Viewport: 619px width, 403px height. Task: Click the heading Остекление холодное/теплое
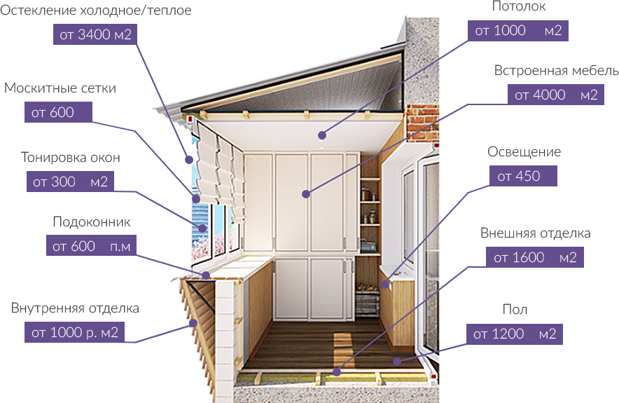(x=96, y=11)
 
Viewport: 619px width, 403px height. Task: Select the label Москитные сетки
(x=60, y=88)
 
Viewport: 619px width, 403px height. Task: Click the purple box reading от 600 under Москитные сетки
(x=60, y=113)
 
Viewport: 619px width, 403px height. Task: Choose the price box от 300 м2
(x=70, y=182)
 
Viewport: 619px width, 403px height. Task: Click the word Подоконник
(x=92, y=222)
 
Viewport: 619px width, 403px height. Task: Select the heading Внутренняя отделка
(x=75, y=308)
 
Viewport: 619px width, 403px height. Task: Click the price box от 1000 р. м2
(x=75, y=332)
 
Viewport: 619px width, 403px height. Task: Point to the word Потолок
(x=519, y=7)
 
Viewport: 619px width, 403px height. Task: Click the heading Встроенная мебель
(x=556, y=71)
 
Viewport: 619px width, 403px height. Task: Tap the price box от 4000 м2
(x=556, y=95)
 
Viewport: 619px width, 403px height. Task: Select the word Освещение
(x=524, y=152)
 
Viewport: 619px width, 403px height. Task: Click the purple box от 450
(x=523, y=176)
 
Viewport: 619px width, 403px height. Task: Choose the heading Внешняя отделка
(x=536, y=233)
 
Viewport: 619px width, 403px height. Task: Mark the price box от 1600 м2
(x=535, y=257)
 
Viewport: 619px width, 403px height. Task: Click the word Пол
(x=515, y=310)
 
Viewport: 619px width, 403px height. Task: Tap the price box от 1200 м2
(x=515, y=334)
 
